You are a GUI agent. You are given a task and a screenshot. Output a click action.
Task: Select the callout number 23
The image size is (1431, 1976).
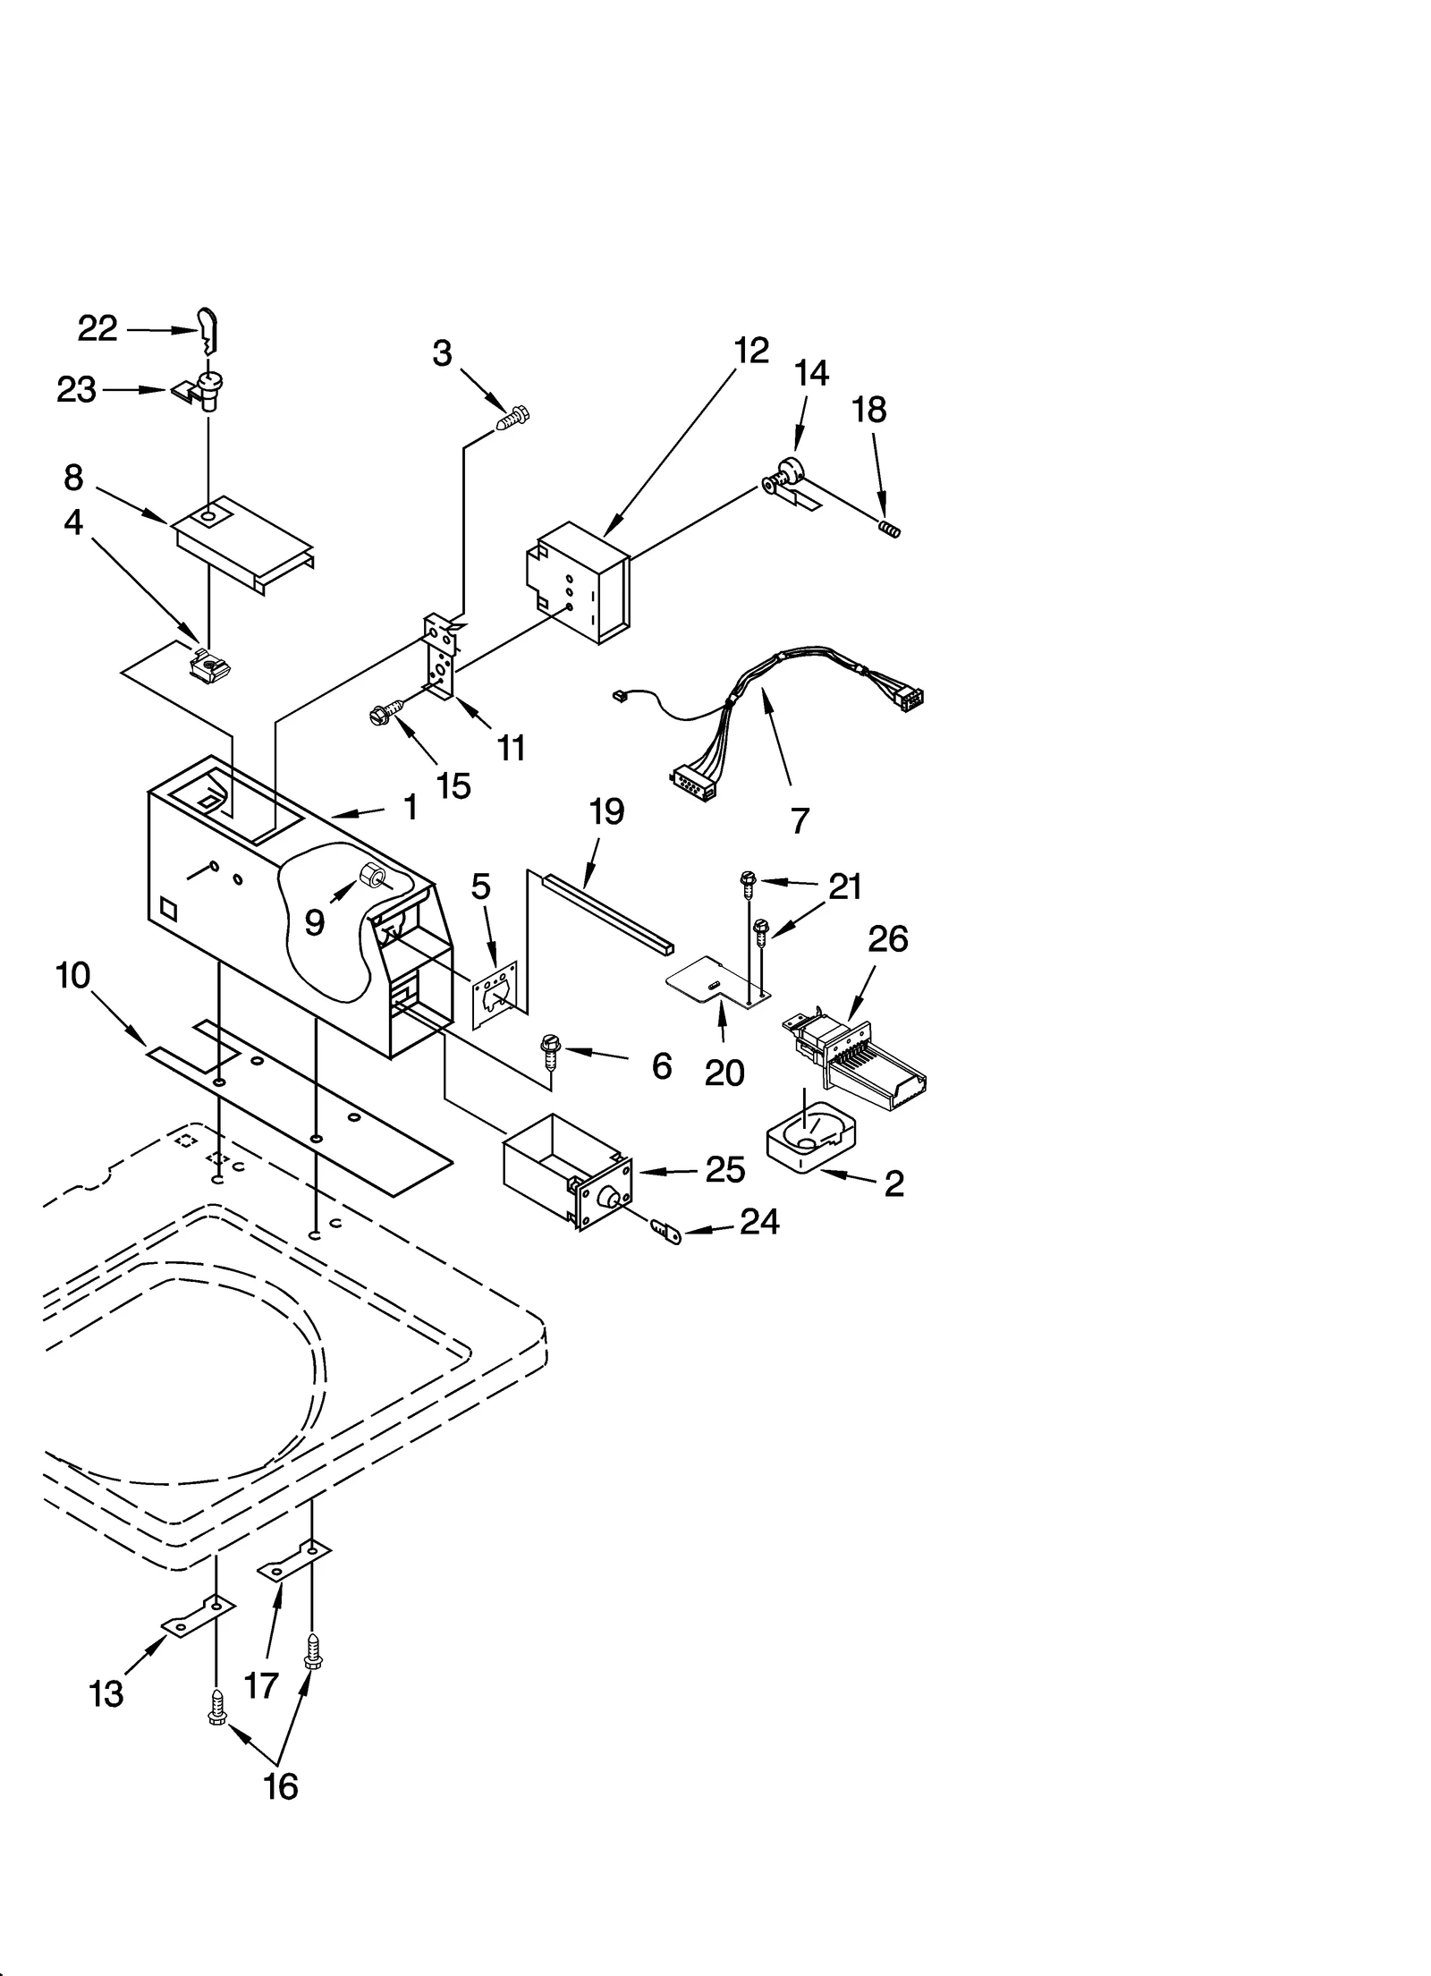76,390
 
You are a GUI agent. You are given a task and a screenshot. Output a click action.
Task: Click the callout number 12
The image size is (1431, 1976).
751,351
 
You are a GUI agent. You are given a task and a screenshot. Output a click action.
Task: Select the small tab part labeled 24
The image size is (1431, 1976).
668,1234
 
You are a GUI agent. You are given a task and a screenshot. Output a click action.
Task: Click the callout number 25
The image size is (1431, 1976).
724,1170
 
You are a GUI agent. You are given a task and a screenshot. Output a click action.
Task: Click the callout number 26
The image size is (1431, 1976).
887,939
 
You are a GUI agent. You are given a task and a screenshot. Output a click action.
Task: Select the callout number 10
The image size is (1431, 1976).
73,975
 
